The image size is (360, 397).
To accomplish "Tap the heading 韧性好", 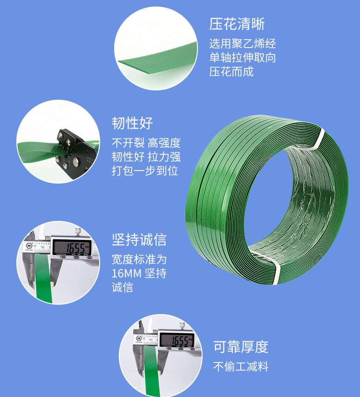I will pyautogui.click(x=132, y=123).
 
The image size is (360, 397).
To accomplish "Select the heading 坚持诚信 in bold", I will pyautogui.click(x=139, y=240).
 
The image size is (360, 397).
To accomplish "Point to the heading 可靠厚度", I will pyautogui.click(x=241, y=347).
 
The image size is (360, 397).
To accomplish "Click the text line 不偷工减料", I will pyautogui.click(x=241, y=367).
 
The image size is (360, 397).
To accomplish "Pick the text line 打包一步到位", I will pyautogui.click(x=145, y=171).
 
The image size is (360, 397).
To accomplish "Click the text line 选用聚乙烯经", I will pyautogui.click(x=242, y=44).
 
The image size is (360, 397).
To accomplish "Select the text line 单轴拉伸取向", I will pyautogui.click(x=242, y=58).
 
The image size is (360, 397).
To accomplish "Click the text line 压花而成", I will pyautogui.click(x=231, y=72).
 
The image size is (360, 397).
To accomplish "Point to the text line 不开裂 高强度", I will pyautogui.click(x=146, y=143).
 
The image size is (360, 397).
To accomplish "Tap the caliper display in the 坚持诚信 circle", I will pyautogui.click(x=72, y=247).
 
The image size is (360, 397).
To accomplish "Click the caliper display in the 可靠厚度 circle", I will pyautogui.click(x=176, y=341).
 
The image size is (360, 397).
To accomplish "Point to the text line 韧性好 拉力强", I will pyautogui.click(x=146, y=157).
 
